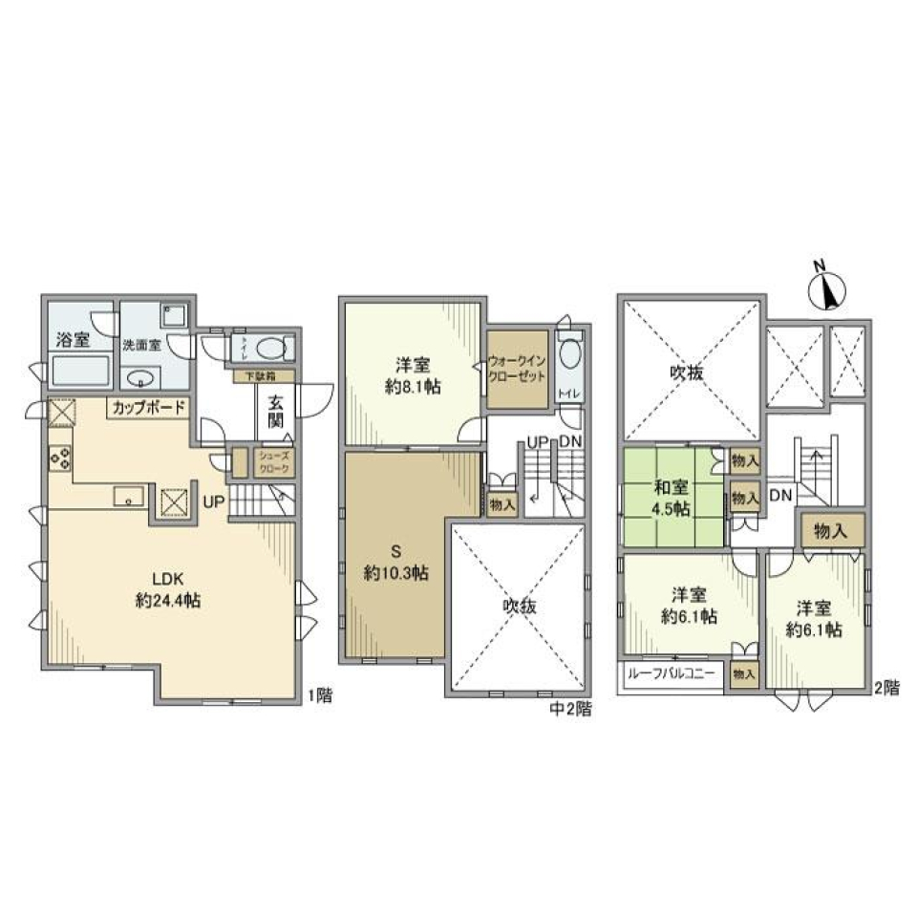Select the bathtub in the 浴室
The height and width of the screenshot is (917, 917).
tap(80, 369)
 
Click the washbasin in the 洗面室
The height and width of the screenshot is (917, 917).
tap(139, 375)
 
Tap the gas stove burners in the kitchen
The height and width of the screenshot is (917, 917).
tap(58, 458)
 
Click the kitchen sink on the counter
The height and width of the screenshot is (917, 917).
tap(127, 495)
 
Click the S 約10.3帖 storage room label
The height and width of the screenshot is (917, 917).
tap(394, 563)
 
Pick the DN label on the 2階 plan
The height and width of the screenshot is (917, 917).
tap(779, 495)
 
